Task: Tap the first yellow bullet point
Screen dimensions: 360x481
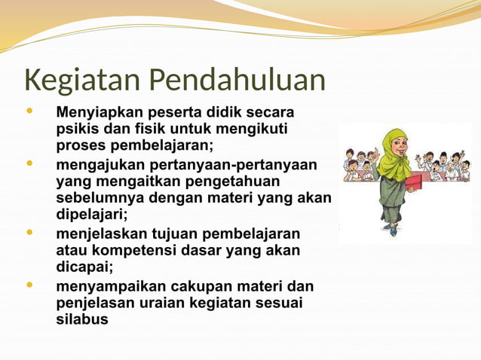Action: point(29,111)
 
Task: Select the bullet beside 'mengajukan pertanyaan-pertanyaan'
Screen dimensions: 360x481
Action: point(29,163)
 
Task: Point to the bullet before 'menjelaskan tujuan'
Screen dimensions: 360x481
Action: point(29,232)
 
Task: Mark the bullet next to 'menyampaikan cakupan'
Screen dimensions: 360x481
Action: point(29,285)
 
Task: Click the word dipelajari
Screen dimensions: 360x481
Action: point(91,215)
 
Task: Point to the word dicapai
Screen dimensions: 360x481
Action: point(83,267)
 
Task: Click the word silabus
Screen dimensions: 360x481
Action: point(81,319)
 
